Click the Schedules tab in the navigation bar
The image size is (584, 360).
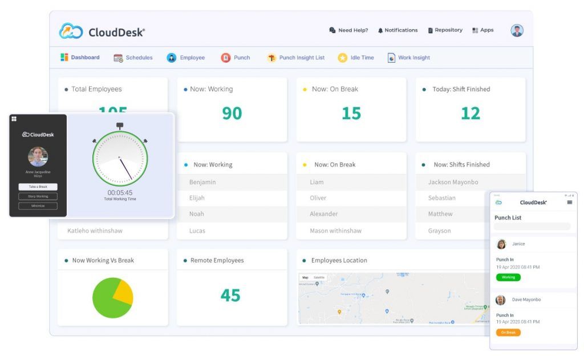click(x=133, y=58)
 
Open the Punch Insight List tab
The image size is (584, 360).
click(x=296, y=58)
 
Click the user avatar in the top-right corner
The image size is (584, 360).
click(x=517, y=31)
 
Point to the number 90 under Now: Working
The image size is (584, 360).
click(x=232, y=114)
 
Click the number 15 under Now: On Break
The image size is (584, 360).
click(x=351, y=114)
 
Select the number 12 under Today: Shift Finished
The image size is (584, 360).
click(x=470, y=114)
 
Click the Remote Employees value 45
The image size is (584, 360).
click(x=230, y=295)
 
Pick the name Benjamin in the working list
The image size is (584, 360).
click(x=202, y=183)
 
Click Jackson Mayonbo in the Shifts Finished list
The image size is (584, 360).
click(x=453, y=183)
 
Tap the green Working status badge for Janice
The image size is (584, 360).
click(x=508, y=277)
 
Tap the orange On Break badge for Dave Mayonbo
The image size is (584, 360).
click(x=508, y=332)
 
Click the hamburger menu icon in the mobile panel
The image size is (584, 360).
click(x=569, y=203)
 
